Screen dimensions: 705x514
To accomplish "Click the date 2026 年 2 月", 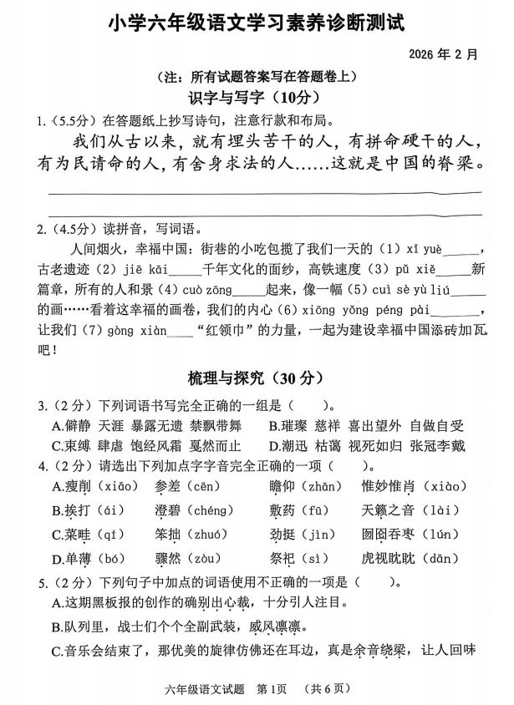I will click(444, 54).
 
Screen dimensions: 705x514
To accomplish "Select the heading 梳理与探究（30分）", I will click(256, 378).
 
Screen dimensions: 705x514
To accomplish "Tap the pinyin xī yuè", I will click(425, 251).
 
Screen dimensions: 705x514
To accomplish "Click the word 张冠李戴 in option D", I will click(437, 446).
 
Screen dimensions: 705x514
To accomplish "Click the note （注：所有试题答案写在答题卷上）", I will click(257, 76).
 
